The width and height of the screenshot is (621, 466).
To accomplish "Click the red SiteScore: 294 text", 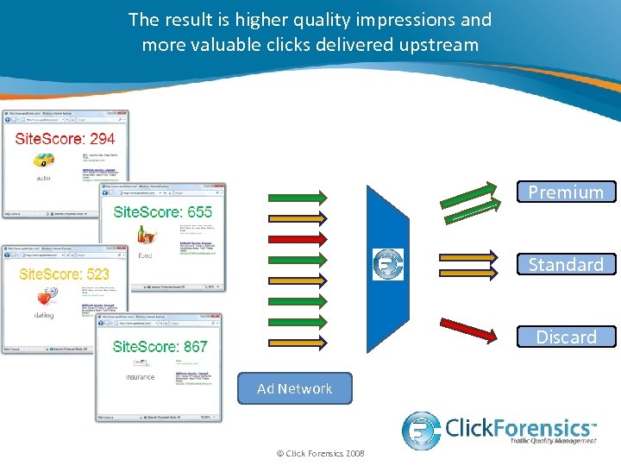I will click(x=65, y=138).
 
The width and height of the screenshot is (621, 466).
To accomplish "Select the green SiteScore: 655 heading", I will click(x=163, y=211).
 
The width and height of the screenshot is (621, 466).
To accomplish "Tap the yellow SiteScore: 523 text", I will click(x=64, y=274).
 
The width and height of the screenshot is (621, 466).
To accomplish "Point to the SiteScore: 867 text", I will click(x=160, y=346).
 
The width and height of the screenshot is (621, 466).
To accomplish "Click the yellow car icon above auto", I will click(x=43, y=160).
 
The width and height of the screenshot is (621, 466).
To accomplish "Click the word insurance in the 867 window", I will click(x=140, y=377).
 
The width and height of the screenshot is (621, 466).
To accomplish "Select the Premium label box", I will click(x=566, y=192).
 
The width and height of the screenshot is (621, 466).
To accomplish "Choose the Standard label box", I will click(x=566, y=264).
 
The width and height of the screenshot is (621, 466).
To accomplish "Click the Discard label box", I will click(x=566, y=337).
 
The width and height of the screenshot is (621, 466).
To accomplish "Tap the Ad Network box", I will click(x=295, y=388).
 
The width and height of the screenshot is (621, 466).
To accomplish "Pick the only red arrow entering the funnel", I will click(x=297, y=237).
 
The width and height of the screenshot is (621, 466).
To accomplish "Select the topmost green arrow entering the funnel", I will click(x=297, y=197).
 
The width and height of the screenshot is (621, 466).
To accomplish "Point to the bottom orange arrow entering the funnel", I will click(x=297, y=341).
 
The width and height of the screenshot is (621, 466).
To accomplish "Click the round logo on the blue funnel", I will click(x=388, y=264).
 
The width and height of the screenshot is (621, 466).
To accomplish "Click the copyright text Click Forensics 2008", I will click(x=320, y=454).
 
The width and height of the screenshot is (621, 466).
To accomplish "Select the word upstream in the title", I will click(x=435, y=44).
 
